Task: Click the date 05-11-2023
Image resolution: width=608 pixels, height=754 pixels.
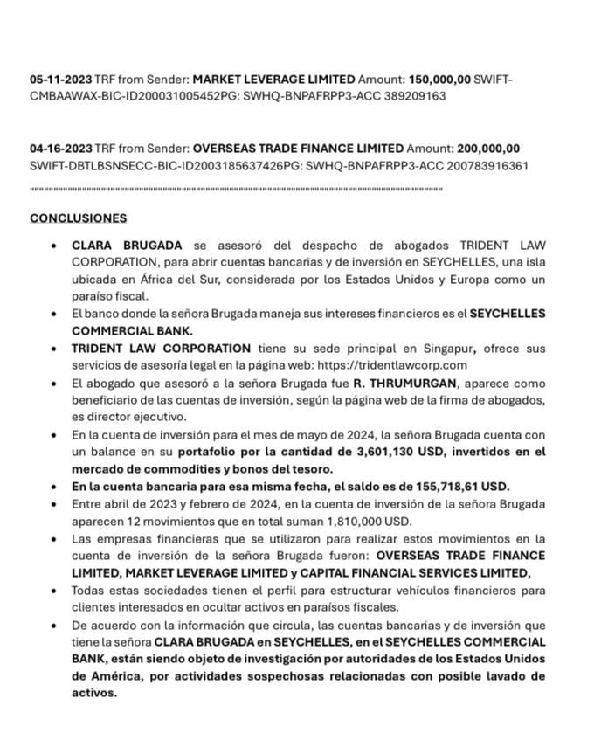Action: point(60,80)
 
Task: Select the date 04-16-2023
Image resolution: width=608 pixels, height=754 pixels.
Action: point(60,149)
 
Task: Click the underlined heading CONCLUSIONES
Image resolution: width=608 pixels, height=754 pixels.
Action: point(78,218)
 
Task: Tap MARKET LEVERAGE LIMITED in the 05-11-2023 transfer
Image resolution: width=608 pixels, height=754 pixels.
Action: point(274,80)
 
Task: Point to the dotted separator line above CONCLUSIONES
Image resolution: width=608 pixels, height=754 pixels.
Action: point(236,188)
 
